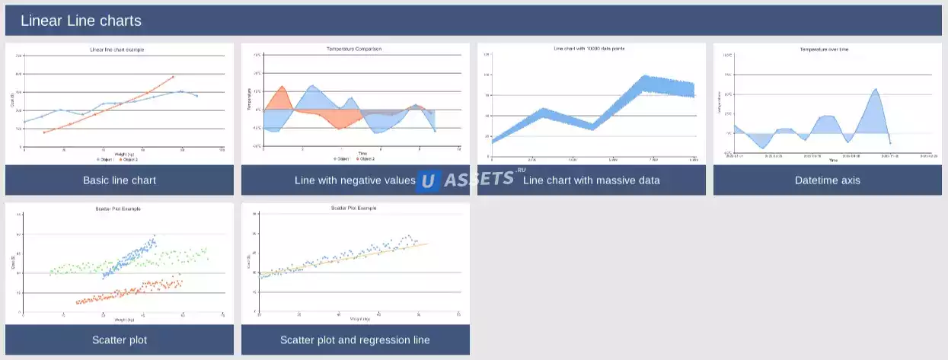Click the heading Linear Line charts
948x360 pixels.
pyautogui.click(x=81, y=21)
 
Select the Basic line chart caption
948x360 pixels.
pyautogui.click(x=120, y=180)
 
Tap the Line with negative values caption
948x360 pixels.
pyautogui.click(x=355, y=180)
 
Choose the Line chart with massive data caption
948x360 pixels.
pyautogui.click(x=592, y=180)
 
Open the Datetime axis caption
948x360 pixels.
pyautogui.click(x=827, y=180)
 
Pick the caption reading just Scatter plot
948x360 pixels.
pyautogui.click(x=120, y=339)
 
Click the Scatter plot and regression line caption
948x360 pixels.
pyautogui.click(x=355, y=339)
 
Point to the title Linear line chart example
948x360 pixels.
pyautogui.click(x=117, y=49)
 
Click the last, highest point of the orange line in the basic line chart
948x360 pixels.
pyautogui.click(x=174, y=76)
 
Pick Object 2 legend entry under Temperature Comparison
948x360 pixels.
pyautogui.click(x=366, y=159)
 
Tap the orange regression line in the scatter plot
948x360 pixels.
pyautogui.click(x=365, y=256)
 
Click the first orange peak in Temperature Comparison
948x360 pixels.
pyautogui.click(x=282, y=87)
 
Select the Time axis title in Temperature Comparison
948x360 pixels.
pyautogui.click(x=362, y=153)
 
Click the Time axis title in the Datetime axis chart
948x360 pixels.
pyautogui.click(x=833, y=161)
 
